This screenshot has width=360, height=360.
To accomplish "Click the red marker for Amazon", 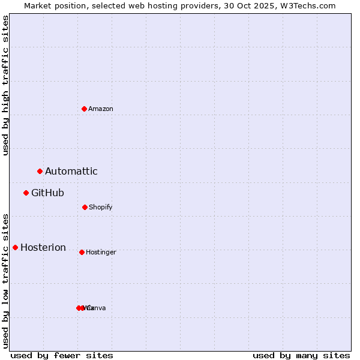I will [85, 109].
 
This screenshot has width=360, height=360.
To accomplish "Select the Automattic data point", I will [40, 172].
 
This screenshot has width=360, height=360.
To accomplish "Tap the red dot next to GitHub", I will [26, 193].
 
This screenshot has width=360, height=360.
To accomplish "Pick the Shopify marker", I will [85, 207].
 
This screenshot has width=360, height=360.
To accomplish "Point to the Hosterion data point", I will [16, 247].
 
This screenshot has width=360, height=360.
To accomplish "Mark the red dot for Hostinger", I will [82, 252].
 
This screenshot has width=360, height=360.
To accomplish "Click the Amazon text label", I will [101, 109].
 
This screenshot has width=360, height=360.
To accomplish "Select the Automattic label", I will [71, 172].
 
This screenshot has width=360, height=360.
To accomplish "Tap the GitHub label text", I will [48, 193].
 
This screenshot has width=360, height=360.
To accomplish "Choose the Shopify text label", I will [101, 208].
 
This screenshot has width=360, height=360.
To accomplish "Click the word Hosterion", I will [43, 248].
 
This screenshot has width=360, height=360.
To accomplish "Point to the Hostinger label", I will [101, 253].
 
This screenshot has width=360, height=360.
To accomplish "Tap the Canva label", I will [97, 308].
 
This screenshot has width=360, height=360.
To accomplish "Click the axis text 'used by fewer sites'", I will [62, 355].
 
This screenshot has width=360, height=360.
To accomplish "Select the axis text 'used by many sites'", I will [301, 355].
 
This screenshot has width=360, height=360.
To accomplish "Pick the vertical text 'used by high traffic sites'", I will [5, 85].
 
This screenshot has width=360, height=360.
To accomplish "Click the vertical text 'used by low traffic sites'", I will [5, 280].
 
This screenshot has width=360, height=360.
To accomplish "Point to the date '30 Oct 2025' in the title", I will [244, 5].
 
